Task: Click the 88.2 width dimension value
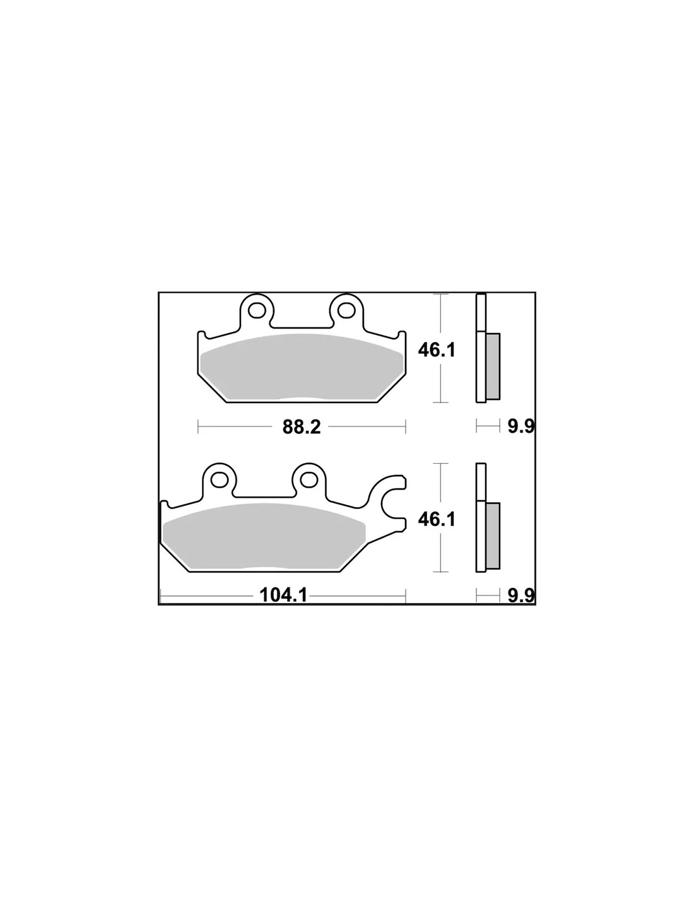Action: (302, 427)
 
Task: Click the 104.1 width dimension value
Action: (283, 595)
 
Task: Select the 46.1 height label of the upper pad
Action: (437, 351)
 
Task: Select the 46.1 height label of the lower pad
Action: (437, 519)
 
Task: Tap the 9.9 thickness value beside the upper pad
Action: (521, 426)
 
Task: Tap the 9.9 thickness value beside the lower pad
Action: (521, 595)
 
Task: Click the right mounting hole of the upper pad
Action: (347, 309)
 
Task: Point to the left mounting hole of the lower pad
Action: (219, 479)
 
